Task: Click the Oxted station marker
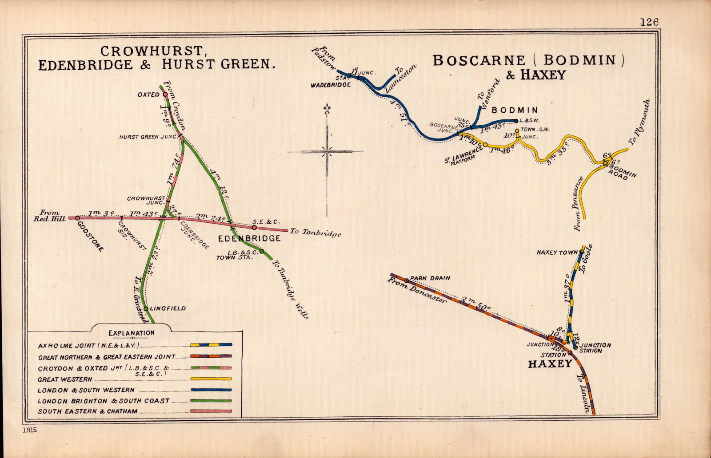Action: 165,94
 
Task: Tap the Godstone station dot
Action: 77,218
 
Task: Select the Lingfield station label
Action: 168,308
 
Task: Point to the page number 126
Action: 649,22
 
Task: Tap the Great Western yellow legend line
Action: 211,379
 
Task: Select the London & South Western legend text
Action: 86,390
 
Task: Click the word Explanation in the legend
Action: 132,333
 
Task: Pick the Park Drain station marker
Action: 407,280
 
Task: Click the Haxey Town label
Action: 557,253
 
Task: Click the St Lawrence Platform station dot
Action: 485,145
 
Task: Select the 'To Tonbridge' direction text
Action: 315,233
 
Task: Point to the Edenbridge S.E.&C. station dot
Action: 254,227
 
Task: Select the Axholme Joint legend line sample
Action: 211,344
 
